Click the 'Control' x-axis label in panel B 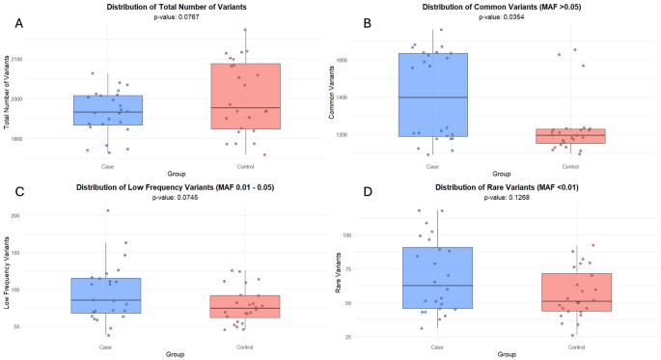576,165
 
